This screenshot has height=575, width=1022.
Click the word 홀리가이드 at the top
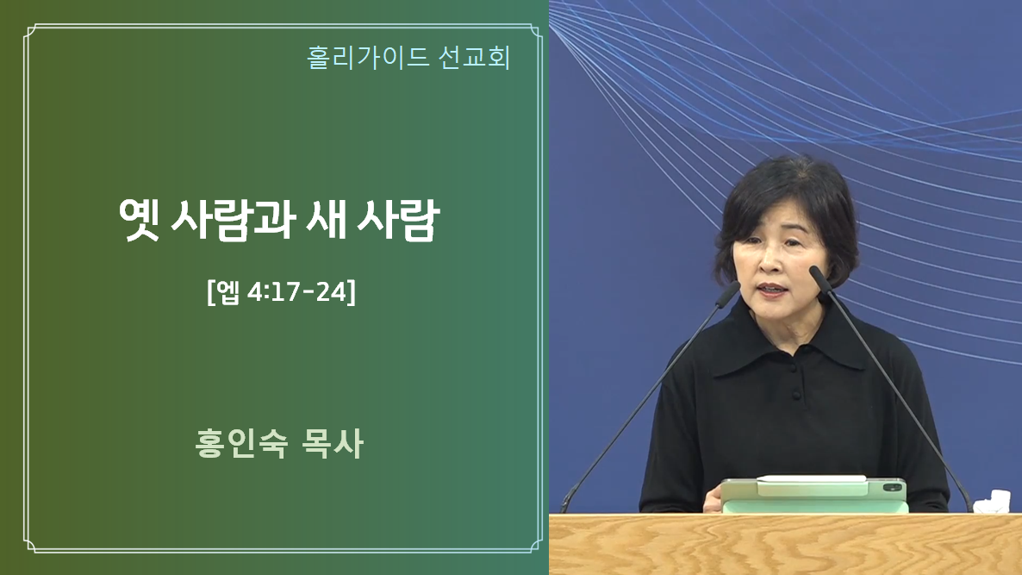[368, 58]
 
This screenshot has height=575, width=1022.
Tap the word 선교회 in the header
[474, 58]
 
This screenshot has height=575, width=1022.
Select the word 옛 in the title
[139, 220]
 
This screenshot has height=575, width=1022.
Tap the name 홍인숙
[241, 443]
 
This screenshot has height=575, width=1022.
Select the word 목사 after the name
[333, 443]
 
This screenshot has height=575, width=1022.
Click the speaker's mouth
[772, 288]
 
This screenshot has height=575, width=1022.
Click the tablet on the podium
[814, 495]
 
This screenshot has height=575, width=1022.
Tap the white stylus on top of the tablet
[812, 479]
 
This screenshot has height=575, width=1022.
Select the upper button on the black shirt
[795, 368]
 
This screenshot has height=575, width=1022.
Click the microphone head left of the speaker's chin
[728, 295]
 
